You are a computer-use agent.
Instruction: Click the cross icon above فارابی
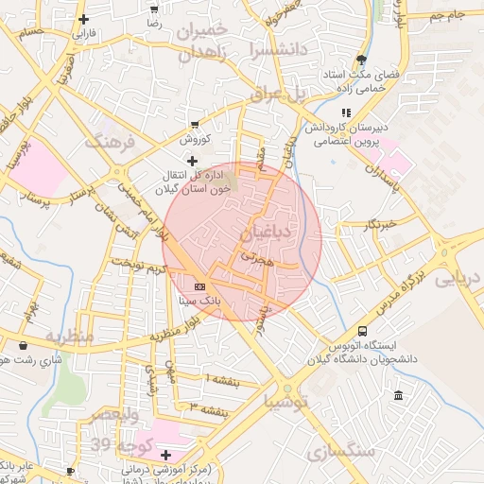[x=84, y=19]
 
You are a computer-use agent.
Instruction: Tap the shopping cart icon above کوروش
[x=195, y=124]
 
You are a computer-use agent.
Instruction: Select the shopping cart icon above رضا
[x=154, y=6]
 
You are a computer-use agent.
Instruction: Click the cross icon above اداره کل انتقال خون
[x=194, y=161]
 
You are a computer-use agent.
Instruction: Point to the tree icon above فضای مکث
[x=361, y=60]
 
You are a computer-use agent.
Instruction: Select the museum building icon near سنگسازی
[x=398, y=394]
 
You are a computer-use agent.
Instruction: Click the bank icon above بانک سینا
[x=199, y=285]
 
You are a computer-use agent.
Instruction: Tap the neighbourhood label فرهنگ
[x=112, y=142]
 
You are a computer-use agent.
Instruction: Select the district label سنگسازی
[x=341, y=452]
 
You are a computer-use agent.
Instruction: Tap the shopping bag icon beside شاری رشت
[x=9, y=360]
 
